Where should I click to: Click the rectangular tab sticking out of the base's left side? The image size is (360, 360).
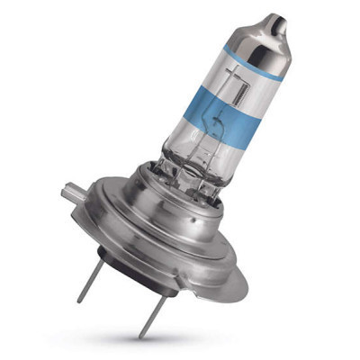69,192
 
